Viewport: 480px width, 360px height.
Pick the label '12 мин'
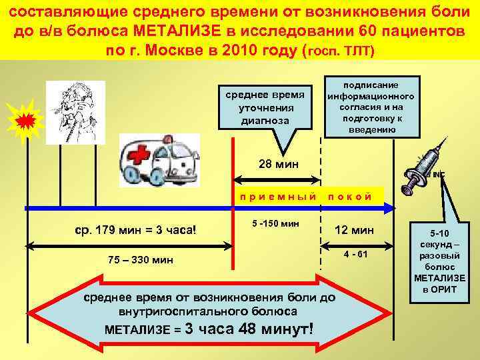coord(355,230)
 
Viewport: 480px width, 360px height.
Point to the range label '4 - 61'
coord(355,255)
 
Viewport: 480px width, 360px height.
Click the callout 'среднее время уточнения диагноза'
coord(267,107)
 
